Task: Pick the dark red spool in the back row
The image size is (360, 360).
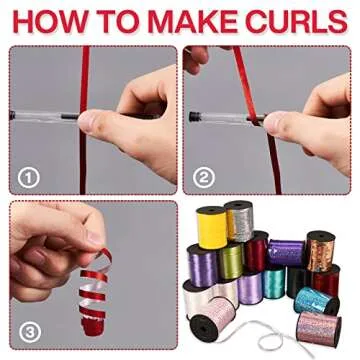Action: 258,251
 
